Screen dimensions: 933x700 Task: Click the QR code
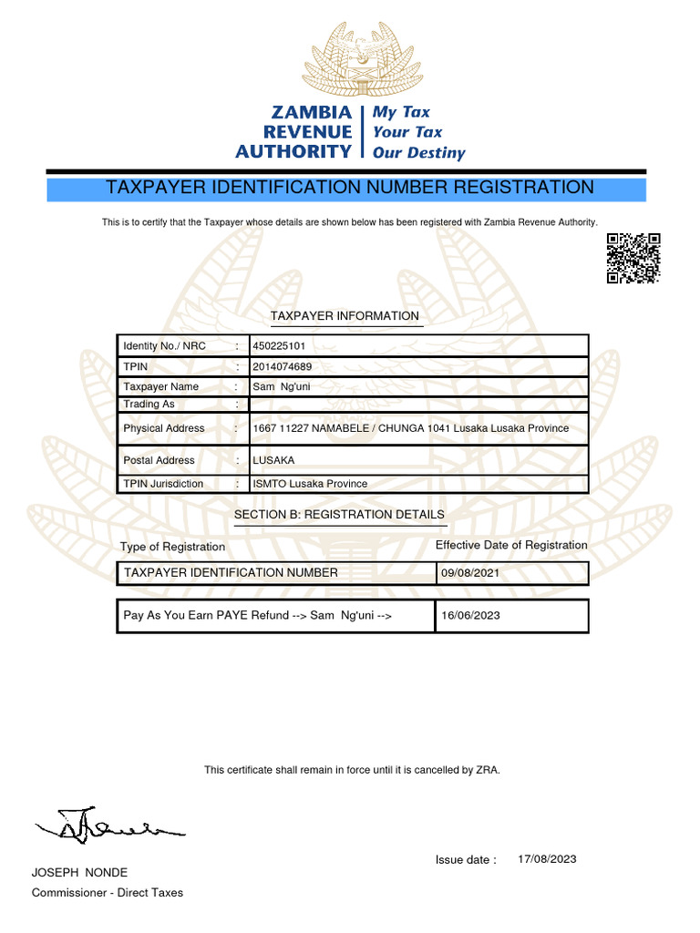point(633,260)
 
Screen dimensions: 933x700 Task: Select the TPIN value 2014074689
point(282,367)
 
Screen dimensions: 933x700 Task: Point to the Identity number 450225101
point(279,346)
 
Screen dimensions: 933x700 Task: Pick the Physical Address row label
point(164,428)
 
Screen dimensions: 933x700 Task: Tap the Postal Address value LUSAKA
point(273,460)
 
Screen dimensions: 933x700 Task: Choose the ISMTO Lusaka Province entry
point(310,484)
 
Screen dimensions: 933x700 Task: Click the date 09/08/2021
point(470,573)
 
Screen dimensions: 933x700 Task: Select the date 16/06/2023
point(470,616)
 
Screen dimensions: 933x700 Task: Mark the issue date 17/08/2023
point(547,859)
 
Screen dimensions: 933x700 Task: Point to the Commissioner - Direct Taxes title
point(108,893)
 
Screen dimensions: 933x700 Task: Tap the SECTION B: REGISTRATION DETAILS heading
point(339,515)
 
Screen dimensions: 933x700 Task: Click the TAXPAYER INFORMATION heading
point(345,316)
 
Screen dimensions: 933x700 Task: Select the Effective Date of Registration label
point(511,545)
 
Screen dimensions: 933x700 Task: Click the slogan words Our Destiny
point(418,153)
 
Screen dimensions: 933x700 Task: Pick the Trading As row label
point(149,404)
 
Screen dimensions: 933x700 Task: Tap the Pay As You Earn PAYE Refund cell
point(258,616)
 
